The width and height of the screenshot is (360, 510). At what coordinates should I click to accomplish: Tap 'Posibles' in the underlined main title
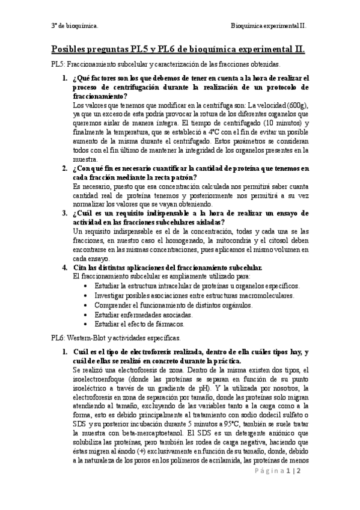click(x=72, y=50)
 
